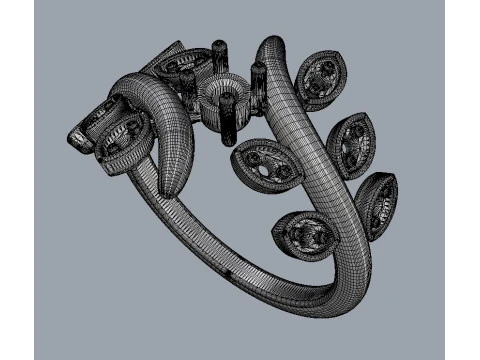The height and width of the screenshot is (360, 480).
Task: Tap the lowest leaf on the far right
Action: coord(378,204)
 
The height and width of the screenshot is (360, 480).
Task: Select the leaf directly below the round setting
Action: coord(266,163)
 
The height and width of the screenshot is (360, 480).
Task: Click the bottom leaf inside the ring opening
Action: coord(304,237)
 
